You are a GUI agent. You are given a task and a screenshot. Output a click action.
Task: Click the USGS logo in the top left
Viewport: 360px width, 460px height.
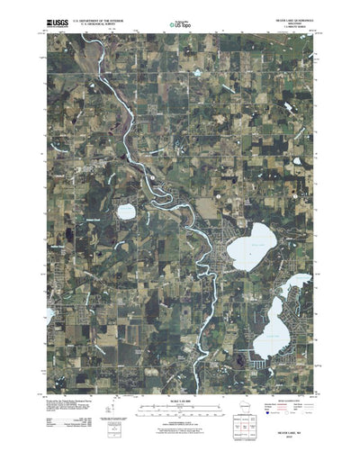click(52, 16)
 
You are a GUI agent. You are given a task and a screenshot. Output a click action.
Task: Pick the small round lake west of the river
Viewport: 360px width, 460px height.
click(126, 212)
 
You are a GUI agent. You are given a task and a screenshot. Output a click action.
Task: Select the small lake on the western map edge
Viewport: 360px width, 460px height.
click(49, 314)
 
